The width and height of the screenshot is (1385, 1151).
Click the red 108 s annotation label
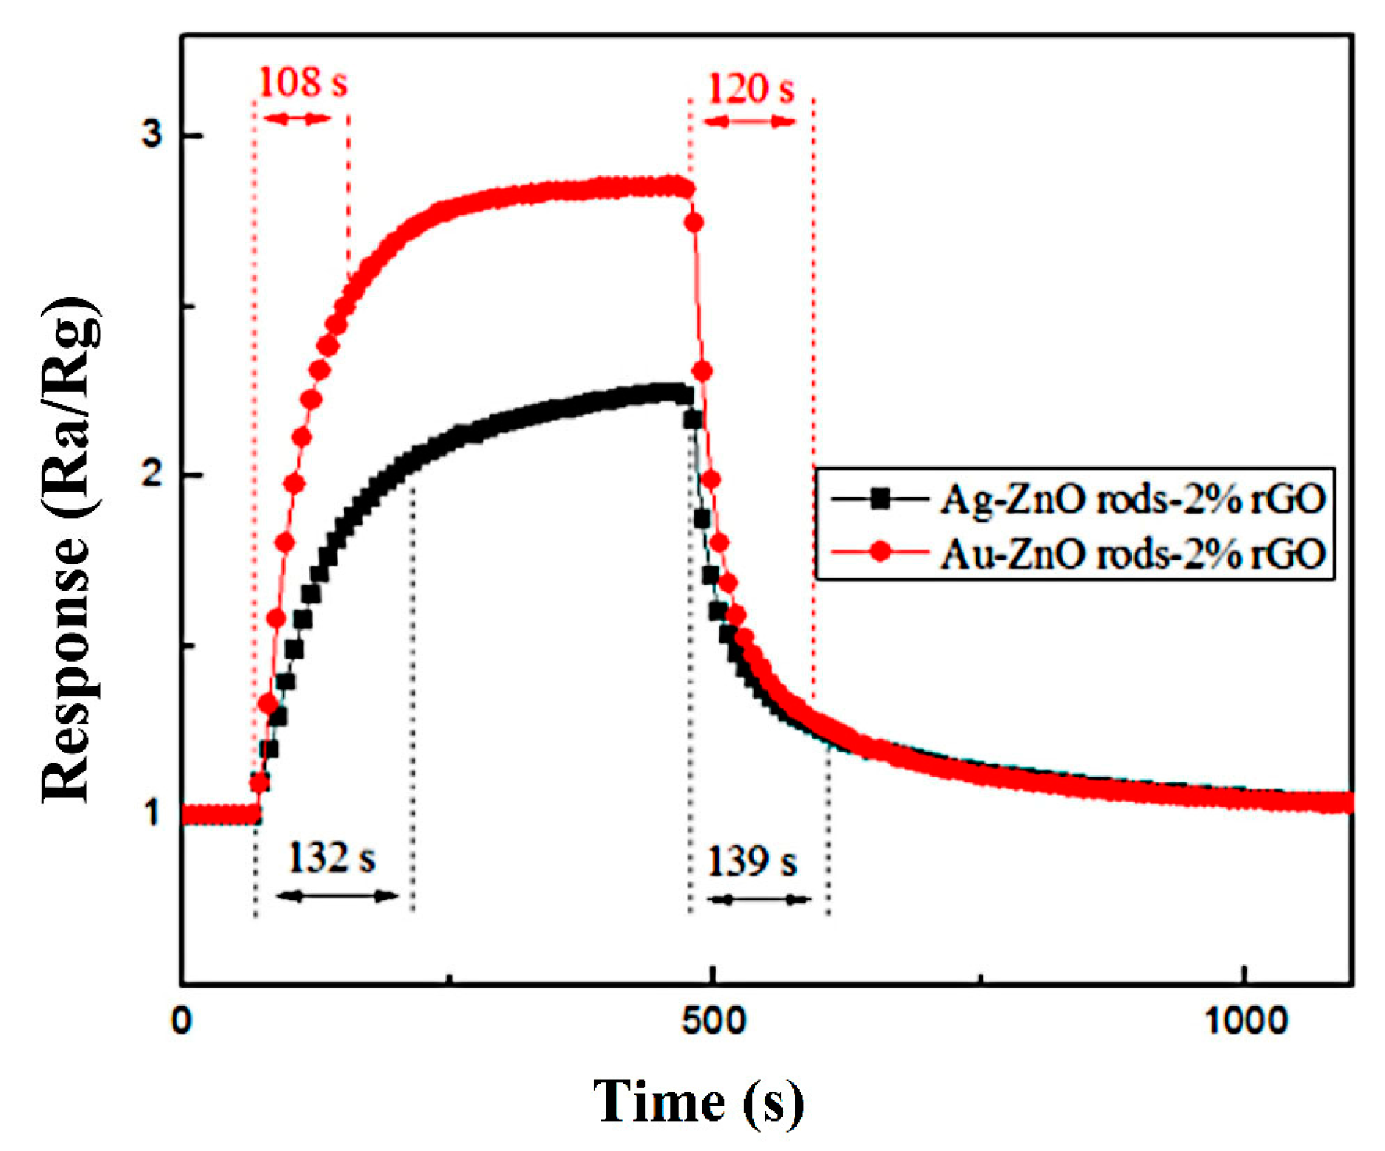click(302, 82)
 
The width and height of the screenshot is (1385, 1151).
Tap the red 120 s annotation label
click(750, 89)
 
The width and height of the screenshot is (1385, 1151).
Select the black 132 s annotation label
click(332, 857)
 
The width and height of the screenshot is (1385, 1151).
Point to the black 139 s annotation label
click(751, 861)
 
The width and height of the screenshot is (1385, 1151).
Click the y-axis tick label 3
click(152, 136)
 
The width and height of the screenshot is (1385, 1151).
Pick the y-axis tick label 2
click(152, 475)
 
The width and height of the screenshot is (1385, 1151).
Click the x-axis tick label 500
click(712, 1020)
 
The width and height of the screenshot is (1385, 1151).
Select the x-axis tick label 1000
click(1245, 1020)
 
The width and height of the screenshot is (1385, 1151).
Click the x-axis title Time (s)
click(697, 1101)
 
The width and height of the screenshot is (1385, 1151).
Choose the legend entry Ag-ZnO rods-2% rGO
click(1132, 499)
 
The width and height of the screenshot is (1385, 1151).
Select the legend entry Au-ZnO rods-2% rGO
click(1132, 553)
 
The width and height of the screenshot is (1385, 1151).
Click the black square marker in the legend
click(880, 499)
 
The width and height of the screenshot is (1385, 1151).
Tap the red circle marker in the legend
click(880, 552)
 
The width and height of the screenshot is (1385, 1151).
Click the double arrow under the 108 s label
click(297, 119)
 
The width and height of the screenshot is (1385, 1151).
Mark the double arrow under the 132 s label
click(338, 895)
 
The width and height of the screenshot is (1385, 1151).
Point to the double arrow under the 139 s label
click(760, 899)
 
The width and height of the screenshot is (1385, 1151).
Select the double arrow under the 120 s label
click(750, 122)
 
